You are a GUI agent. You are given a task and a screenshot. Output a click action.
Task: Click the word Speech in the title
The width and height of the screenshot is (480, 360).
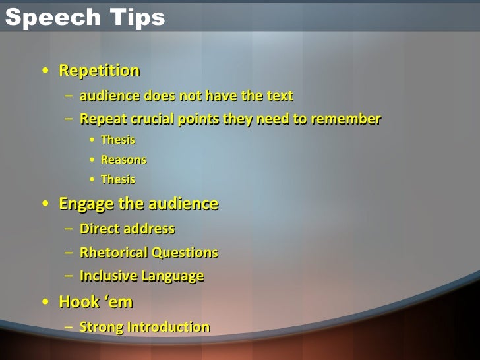(x=44, y=18)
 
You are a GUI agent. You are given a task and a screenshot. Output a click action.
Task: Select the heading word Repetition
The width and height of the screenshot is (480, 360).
(x=100, y=70)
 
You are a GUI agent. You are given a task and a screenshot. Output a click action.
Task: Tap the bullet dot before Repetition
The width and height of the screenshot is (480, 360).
(x=44, y=71)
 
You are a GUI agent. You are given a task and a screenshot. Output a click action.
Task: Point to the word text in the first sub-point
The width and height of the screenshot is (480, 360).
(x=280, y=96)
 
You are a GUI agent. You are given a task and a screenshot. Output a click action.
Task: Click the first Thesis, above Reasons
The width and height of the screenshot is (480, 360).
(x=118, y=140)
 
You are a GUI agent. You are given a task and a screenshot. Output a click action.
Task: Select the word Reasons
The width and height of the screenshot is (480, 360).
(x=123, y=160)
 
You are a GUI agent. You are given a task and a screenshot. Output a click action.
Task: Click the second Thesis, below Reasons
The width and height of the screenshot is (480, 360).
(x=118, y=179)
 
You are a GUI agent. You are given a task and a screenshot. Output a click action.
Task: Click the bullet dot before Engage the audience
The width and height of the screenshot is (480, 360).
(x=44, y=205)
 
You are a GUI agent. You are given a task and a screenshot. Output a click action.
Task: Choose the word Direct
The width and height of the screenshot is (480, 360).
(x=100, y=229)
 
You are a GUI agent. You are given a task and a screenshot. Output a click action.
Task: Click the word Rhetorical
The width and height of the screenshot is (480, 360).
(x=114, y=253)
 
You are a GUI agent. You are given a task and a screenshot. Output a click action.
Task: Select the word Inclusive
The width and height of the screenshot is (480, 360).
(x=108, y=276)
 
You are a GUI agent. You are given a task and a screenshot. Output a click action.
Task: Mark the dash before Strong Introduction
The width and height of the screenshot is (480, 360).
(x=69, y=328)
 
